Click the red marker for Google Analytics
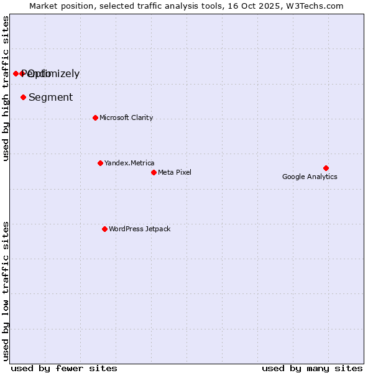[x=326, y=168]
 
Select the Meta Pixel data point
[x=154, y=172]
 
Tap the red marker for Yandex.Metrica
[x=100, y=163]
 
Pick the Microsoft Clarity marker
[x=95, y=117]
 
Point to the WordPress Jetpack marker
[x=104, y=229]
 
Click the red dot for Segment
[x=23, y=97]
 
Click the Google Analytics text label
[x=310, y=177]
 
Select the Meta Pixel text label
[x=175, y=172]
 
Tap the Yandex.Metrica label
[x=129, y=163]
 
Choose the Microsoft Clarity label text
[x=126, y=117]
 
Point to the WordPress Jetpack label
[x=139, y=229]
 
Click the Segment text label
[x=50, y=97]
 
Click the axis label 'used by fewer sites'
[x=64, y=368]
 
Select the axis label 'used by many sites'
[x=312, y=368]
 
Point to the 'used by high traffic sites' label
[x=6, y=89]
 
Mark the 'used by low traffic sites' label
[x=6, y=291]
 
